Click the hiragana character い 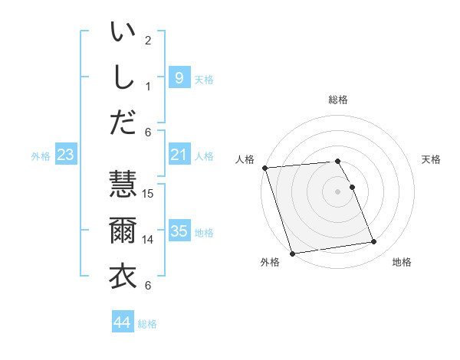(x=122, y=33)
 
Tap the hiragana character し (x=122, y=77)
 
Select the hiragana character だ (x=122, y=121)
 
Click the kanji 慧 (x=122, y=186)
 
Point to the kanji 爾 (x=122, y=231)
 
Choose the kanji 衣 (x=122, y=275)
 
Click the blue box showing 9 (x=179, y=77)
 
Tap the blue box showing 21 (x=179, y=155)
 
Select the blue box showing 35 (x=179, y=231)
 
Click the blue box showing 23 (x=65, y=155)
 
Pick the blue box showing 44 (x=122, y=322)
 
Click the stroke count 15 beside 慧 (x=149, y=194)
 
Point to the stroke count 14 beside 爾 (x=149, y=239)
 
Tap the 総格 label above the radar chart (x=338, y=100)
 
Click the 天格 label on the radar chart (x=431, y=159)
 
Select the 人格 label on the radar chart (x=245, y=159)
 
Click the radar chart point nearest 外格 (x=292, y=253)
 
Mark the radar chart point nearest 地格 (x=374, y=242)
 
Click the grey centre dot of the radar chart (x=338, y=191)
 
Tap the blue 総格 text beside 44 (x=148, y=324)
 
